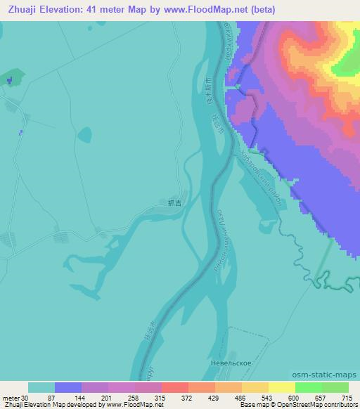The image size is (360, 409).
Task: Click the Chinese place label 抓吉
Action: (x=174, y=203)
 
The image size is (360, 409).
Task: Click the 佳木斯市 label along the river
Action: (x=208, y=91)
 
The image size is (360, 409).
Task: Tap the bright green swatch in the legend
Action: (x=308, y=387)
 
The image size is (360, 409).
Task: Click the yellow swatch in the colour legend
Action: (x=281, y=387)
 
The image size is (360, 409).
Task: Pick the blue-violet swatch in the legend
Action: (x=68, y=387)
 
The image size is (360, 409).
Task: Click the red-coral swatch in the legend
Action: (x=175, y=387)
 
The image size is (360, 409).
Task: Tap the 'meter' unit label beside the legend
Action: (x=11, y=397)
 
